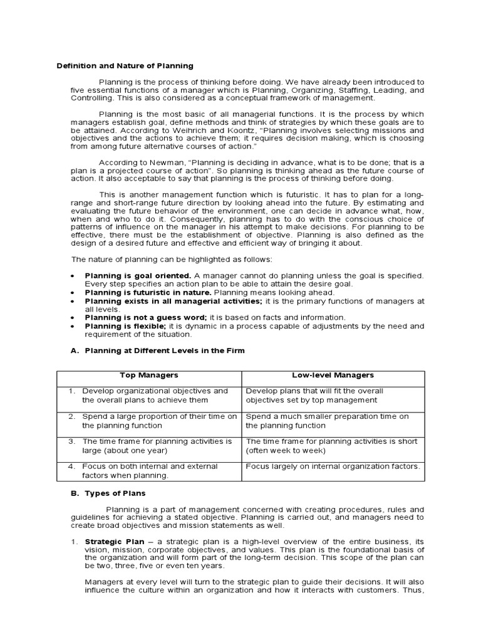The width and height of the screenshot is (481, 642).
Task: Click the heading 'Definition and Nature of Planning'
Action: click(125, 66)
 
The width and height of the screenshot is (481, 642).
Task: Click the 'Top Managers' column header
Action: click(149, 375)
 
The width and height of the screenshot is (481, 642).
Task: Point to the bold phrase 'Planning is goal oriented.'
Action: click(138, 276)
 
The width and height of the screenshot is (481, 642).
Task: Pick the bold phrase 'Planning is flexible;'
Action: click(125, 326)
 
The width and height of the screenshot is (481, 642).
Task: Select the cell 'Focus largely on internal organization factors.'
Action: click(333, 466)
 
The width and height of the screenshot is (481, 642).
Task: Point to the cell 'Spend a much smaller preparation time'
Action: click(327, 416)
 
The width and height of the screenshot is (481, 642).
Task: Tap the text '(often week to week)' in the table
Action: click(285, 450)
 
